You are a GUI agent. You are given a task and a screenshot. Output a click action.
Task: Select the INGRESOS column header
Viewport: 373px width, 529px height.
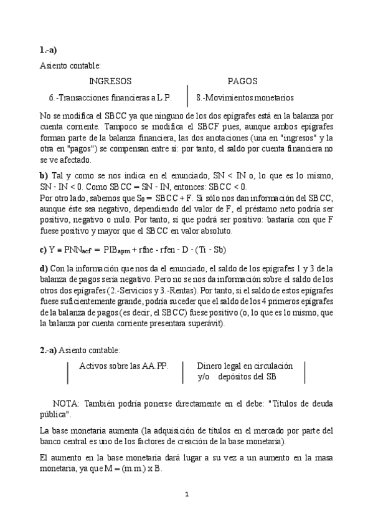click(x=110, y=82)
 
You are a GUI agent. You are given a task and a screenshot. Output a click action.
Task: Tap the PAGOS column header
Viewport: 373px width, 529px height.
click(x=242, y=82)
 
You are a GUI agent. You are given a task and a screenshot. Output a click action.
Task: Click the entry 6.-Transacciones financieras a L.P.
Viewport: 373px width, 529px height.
click(x=110, y=98)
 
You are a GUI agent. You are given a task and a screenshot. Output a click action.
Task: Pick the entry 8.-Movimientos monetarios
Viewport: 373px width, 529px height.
click(x=245, y=98)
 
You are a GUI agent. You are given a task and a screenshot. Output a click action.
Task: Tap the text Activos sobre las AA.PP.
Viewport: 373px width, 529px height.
click(x=123, y=366)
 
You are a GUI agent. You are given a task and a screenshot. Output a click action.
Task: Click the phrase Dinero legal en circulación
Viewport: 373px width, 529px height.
click(x=245, y=366)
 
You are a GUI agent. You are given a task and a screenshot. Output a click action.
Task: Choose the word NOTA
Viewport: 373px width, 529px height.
click(x=66, y=403)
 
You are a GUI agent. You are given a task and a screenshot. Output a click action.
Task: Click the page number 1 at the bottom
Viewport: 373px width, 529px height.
click(x=187, y=495)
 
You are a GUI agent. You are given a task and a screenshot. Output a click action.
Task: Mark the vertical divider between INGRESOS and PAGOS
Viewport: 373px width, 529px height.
click(x=188, y=90)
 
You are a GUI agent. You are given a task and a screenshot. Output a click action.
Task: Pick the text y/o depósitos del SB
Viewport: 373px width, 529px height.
click(x=237, y=377)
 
